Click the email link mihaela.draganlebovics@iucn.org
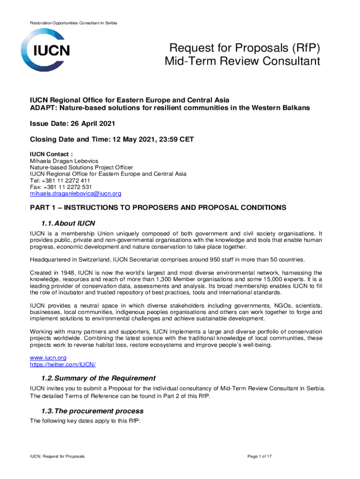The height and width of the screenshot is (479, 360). pos(75,193)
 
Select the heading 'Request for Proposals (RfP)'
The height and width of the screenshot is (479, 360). pos(245,48)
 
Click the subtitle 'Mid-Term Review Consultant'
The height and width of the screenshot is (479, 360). pos(242,61)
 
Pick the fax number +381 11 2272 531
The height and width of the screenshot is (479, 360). pos(66,187)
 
